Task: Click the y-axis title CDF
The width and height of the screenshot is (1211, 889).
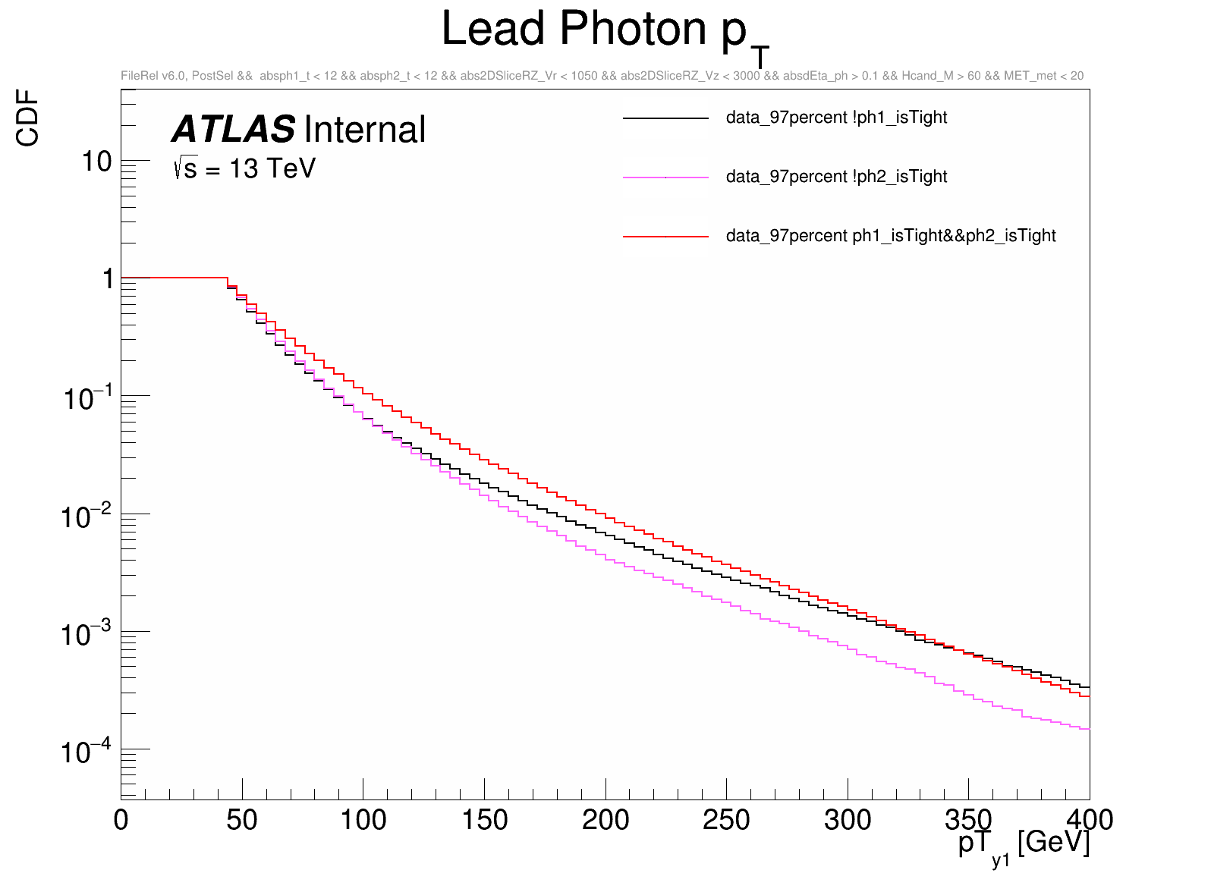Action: coord(28,118)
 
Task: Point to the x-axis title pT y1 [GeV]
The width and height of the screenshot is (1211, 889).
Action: coord(1024,844)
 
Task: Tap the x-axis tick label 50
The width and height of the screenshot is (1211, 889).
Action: coord(242,820)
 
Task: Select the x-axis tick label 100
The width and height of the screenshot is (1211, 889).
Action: coord(363,820)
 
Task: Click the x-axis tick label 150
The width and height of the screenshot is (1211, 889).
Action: coord(484,820)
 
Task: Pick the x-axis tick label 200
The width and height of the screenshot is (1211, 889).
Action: coord(605,820)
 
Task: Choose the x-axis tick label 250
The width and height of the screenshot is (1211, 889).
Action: coord(726,820)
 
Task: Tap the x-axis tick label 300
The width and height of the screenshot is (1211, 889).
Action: coord(848,820)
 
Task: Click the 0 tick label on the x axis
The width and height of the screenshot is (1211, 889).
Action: coord(121,820)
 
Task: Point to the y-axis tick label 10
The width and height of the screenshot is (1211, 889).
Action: coord(96,162)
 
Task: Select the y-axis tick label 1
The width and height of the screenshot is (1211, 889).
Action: coord(108,279)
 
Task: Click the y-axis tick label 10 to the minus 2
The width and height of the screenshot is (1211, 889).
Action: coord(85,517)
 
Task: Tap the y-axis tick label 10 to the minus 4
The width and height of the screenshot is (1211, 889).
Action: coord(85,752)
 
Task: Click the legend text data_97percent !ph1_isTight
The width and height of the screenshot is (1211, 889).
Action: coord(836,118)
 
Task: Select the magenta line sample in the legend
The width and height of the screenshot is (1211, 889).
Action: coord(665,177)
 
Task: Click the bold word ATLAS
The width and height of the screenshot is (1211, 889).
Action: coord(233,130)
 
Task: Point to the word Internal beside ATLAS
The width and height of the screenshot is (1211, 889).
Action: coord(365,130)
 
